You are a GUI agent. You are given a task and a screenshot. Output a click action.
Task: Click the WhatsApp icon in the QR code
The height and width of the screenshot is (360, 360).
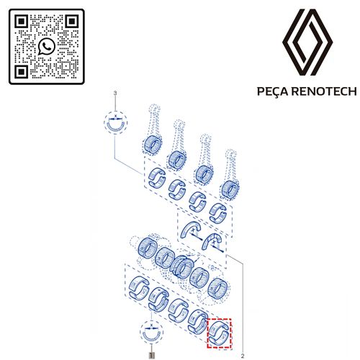(x=47, y=46)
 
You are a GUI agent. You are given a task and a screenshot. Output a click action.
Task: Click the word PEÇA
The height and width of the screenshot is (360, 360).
(x=274, y=91)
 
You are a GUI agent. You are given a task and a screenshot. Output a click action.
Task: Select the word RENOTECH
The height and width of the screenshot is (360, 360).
(x=324, y=91)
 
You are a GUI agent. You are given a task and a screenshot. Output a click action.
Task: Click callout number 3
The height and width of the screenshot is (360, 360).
(x=115, y=93)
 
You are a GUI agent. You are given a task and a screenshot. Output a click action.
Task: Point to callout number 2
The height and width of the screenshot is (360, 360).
(x=243, y=356)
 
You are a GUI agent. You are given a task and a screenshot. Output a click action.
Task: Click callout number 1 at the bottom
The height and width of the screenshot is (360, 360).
(x=151, y=355)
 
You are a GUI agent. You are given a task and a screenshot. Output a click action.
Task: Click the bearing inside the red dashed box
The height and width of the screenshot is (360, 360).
(x=220, y=333)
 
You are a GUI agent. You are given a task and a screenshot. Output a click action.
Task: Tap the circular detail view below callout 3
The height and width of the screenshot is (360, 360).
(x=115, y=123)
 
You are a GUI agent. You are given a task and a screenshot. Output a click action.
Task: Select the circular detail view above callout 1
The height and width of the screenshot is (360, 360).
(x=151, y=332)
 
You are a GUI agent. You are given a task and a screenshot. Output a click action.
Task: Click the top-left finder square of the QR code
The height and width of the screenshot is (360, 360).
(x=22, y=22)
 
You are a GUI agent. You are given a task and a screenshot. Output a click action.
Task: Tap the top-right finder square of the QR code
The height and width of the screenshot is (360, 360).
(x=72, y=22)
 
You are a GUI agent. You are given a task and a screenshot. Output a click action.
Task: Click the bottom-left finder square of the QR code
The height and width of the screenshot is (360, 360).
(x=22, y=72)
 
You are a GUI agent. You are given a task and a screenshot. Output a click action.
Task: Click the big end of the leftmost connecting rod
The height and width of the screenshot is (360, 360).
(x=153, y=144)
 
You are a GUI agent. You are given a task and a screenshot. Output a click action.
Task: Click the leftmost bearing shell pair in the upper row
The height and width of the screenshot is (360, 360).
(x=157, y=177)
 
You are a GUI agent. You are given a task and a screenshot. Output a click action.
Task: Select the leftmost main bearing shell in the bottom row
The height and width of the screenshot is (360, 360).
(x=138, y=288)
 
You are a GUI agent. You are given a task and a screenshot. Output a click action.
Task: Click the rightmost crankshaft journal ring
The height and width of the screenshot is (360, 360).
(x=217, y=289)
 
